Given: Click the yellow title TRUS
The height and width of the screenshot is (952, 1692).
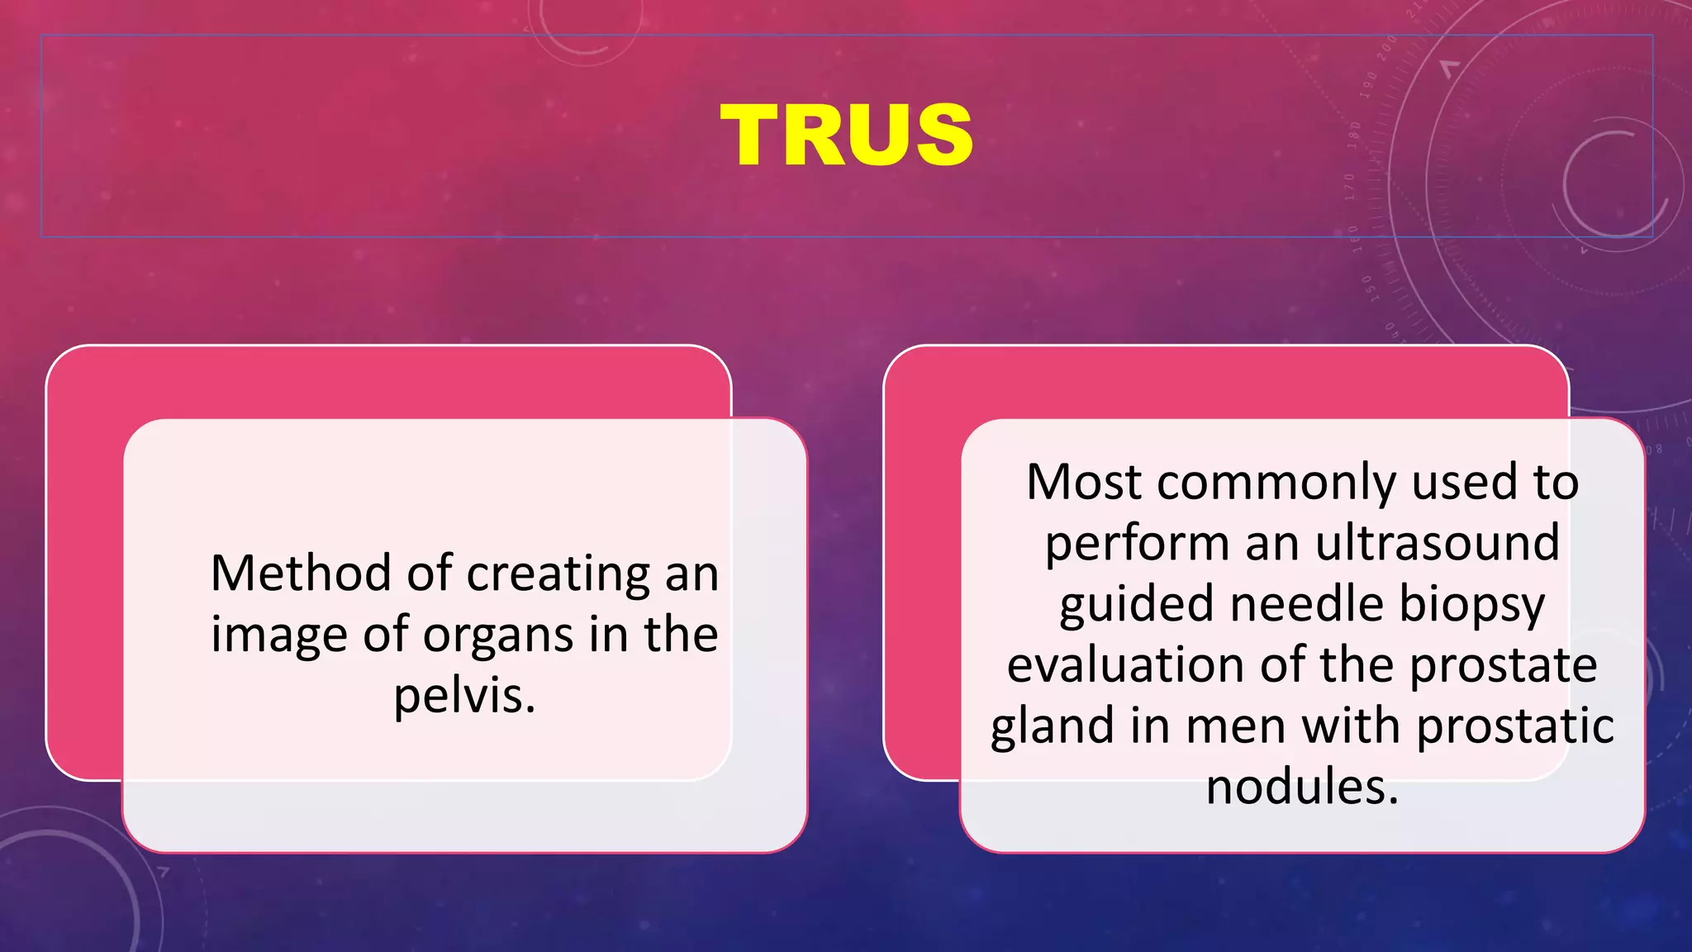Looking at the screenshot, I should coord(846,136).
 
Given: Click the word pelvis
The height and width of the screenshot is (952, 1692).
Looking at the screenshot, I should coord(464,697).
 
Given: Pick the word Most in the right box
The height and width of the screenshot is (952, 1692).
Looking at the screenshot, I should coord(1084,482).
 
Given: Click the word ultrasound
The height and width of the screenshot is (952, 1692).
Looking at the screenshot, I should coord(1438,543).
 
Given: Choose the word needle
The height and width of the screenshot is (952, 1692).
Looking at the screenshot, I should coord(1306,603).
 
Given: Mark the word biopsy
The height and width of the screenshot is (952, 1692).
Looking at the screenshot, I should coord(1471,605).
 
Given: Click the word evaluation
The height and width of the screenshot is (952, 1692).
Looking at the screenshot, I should coord(1125,665).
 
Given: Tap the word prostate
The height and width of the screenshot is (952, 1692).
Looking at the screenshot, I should coord(1503,666).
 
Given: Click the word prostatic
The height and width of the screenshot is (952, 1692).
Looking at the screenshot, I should coord(1515,726).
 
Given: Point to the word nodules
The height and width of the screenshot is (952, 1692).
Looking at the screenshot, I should coord(1302,787).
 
